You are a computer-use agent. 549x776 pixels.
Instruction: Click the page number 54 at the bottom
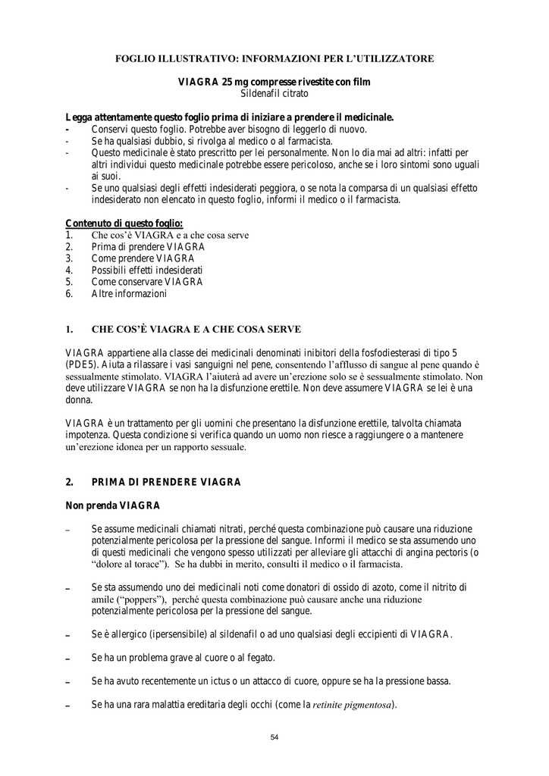(274, 737)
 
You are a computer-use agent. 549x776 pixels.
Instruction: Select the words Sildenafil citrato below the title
(274, 93)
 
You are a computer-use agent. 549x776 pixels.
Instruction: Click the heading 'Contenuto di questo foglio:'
(124, 223)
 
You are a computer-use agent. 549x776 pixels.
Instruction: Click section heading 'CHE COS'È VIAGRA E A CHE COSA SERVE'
(196, 329)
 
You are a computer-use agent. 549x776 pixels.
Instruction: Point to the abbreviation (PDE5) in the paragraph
(81, 365)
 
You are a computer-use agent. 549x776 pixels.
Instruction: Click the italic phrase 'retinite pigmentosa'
(353, 705)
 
